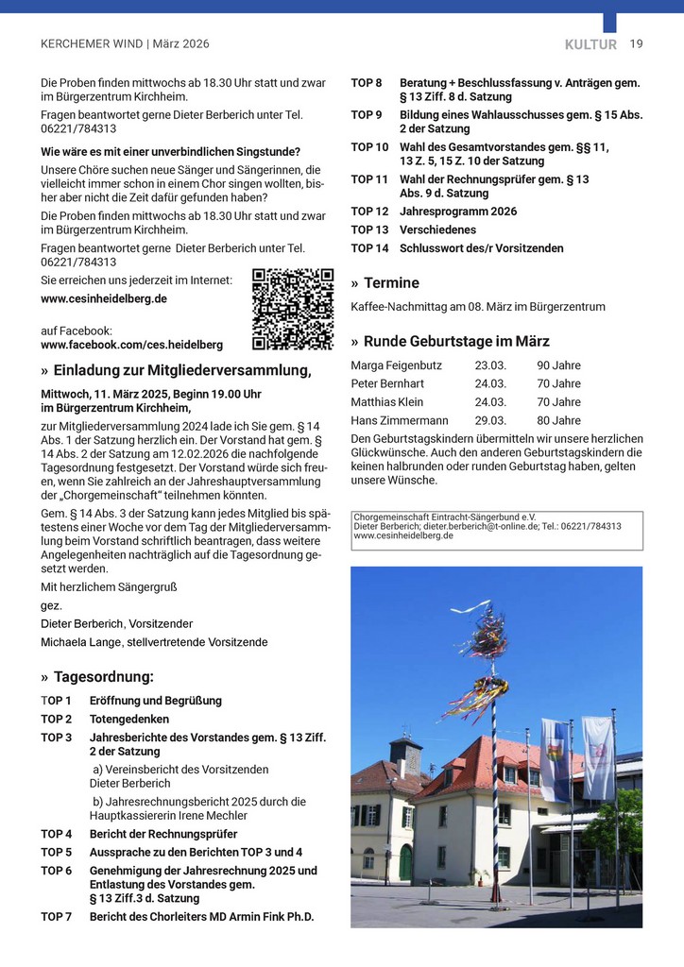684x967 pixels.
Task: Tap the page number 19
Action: click(636, 43)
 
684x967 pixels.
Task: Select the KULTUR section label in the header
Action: click(590, 44)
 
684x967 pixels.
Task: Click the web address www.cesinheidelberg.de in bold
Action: click(104, 298)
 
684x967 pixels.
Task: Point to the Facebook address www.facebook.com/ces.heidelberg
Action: click(132, 346)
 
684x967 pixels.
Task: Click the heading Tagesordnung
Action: click(103, 677)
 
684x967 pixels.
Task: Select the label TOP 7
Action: click(57, 917)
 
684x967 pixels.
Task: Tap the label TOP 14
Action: click(369, 248)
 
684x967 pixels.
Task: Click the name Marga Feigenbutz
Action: click(396, 365)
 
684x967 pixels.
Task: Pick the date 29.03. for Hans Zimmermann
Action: click(490, 420)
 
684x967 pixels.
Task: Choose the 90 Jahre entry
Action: click(558, 365)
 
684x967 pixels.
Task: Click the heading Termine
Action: click(391, 283)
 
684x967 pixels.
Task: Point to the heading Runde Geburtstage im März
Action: click(456, 342)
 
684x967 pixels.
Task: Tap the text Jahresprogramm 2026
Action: click(458, 212)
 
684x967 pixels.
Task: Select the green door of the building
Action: click(405, 861)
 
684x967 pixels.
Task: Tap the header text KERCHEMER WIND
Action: click(92, 44)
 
